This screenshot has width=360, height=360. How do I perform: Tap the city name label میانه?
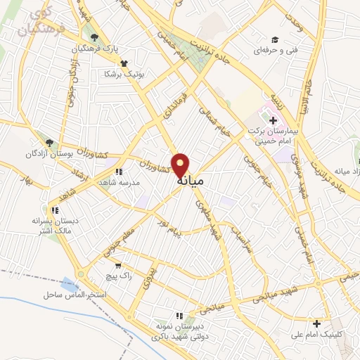[191, 181]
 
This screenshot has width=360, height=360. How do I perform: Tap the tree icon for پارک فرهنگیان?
[95, 38]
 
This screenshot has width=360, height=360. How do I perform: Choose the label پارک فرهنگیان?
[97, 49]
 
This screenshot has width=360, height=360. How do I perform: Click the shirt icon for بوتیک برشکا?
[124, 62]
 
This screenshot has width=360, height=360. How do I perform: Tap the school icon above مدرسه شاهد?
[119, 171]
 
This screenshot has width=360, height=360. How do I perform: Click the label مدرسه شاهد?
[120, 182]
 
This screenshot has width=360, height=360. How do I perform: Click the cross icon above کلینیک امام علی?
[316, 324]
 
